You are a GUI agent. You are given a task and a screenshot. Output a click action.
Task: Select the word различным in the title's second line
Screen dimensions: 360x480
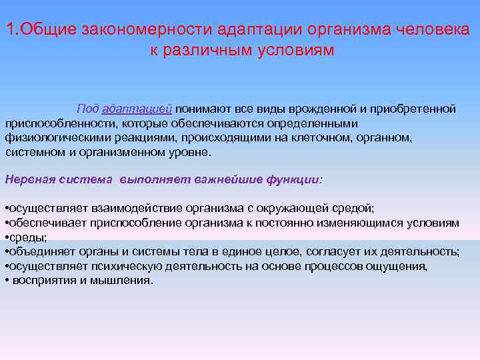[x=205, y=50]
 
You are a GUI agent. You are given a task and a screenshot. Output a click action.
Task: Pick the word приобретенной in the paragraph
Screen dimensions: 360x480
[x=418, y=109]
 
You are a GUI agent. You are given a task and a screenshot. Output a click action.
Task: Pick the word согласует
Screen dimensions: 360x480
[x=335, y=251]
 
